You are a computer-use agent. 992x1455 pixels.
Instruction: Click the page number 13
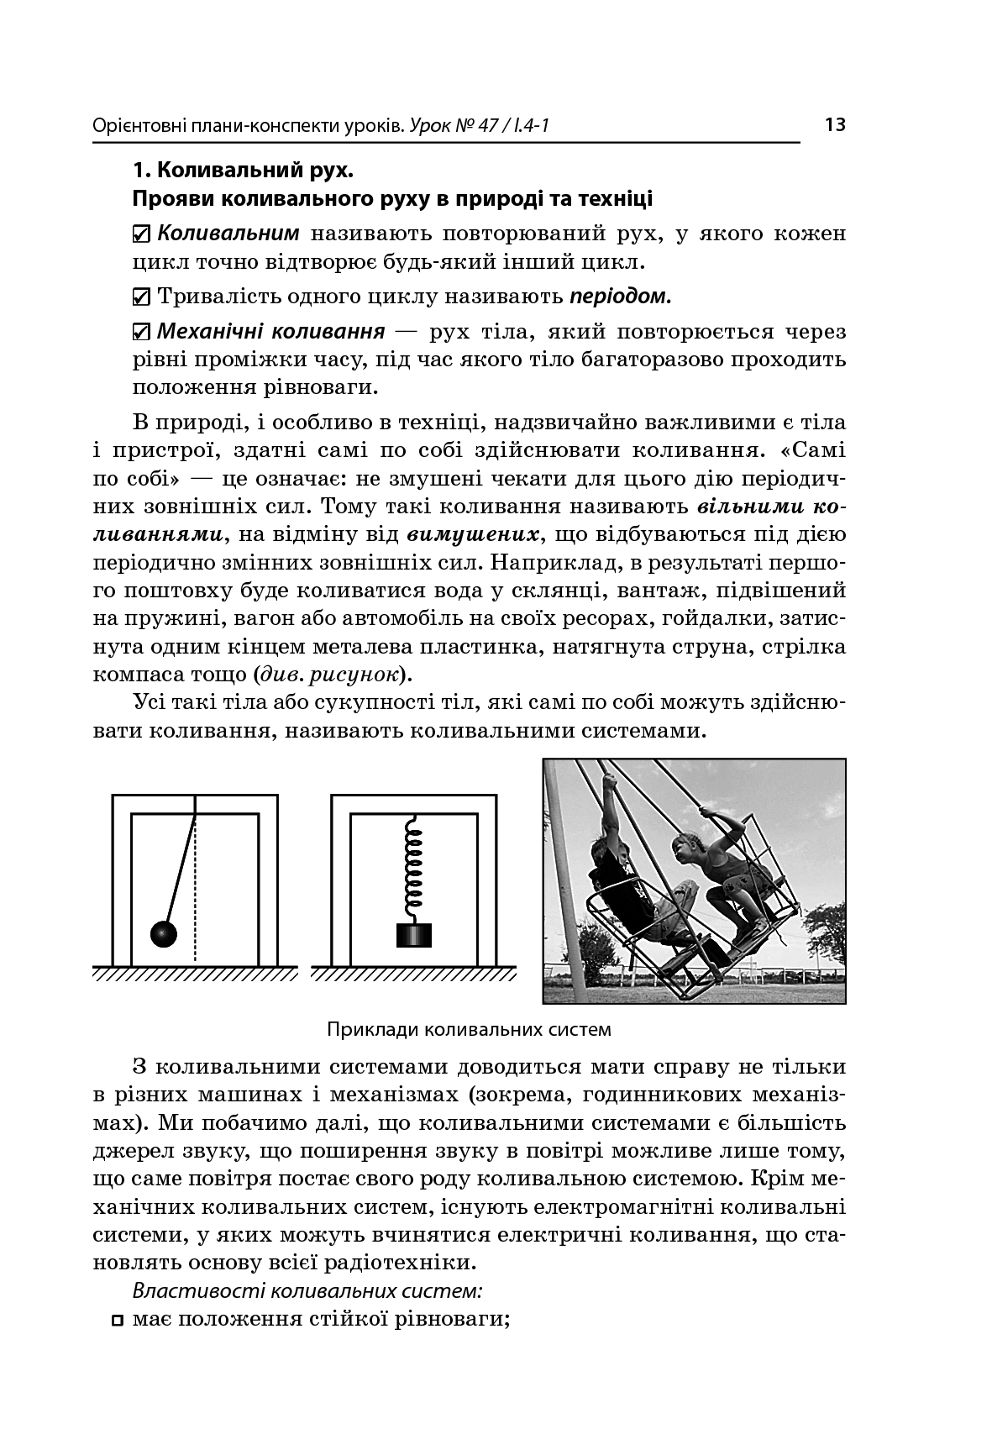click(834, 126)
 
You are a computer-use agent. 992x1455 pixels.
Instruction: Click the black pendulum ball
click(164, 933)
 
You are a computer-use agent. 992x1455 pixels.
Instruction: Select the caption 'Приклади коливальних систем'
click(469, 1029)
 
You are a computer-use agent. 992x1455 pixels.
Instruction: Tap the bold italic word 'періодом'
click(621, 296)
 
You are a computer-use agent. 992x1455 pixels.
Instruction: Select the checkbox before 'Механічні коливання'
click(142, 332)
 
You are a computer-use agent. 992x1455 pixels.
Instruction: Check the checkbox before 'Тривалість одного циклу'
click(142, 297)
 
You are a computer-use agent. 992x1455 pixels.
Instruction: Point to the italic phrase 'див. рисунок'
click(329, 674)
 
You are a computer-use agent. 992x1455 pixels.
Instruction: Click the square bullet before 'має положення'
click(117, 1320)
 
